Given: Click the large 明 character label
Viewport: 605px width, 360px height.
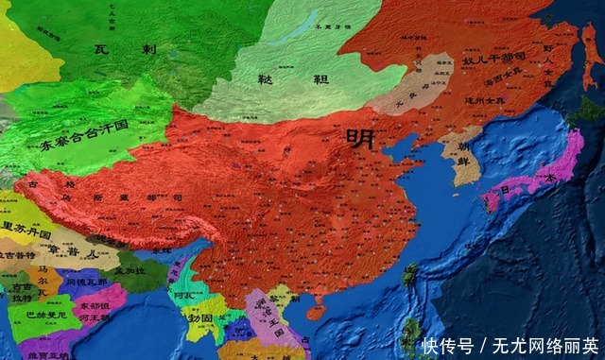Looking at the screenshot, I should (x=360, y=138).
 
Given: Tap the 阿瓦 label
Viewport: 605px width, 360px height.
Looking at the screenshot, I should (x=185, y=294).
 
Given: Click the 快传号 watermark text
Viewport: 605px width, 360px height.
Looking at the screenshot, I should (x=444, y=345).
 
